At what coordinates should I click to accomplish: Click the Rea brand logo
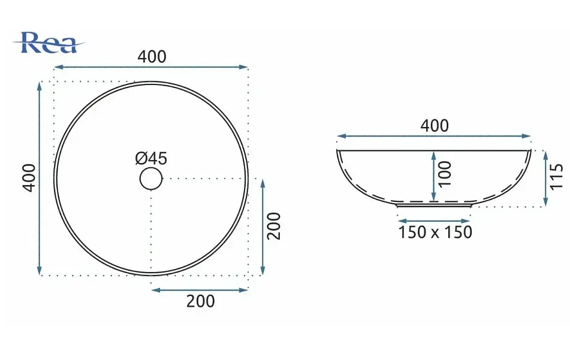(x=49, y=43)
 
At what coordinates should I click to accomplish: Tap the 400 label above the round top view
(x=152, y=57)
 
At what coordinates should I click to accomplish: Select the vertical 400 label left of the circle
(x=29, y=178)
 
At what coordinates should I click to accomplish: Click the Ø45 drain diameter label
(x=151, y=158)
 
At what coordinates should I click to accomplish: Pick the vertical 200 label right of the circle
(x=274, y=226)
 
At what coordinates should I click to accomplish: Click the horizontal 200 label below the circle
(x=200, y=301)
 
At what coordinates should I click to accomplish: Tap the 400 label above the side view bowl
(x=435, y=126)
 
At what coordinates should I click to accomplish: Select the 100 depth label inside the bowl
(x=445, y=174)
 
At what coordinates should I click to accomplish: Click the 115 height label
(x=556, y=176)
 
